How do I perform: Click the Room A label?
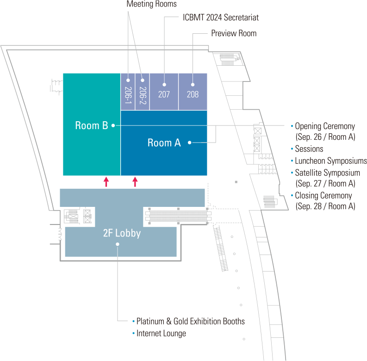click(164, 143)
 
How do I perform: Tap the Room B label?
click(92, 125)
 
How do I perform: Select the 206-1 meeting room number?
click(128, 95)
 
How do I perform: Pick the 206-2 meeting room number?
click(143, 95)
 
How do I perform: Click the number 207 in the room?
click(164, 94)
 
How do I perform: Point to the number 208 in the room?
click(193, 94)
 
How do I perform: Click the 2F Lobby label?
click(122, 234)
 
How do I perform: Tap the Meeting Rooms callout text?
click(152, 4)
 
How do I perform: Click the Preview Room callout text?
click(234, 34)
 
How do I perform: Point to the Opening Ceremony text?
click(325, 126)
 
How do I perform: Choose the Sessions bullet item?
click(309, 149)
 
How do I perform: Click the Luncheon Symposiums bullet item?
click(330, 161)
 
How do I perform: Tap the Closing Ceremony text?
click(323, 196)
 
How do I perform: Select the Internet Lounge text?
click(161, 333)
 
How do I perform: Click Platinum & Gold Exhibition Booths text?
click(190, 321)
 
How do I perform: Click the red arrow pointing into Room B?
click(106, 181)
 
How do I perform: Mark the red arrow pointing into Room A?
click(135, 181)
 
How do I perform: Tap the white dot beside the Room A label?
click(190, 143)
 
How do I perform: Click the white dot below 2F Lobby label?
click(118, 244)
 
